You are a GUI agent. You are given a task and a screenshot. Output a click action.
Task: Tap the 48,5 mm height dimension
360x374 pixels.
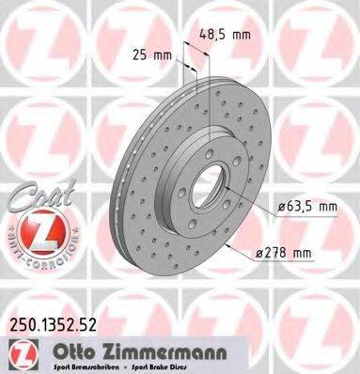[x=224, y=36]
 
